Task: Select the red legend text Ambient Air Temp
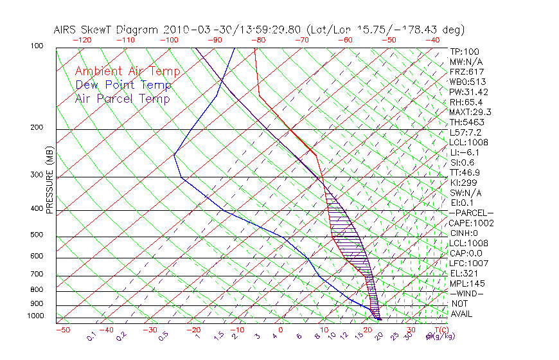point(127,71)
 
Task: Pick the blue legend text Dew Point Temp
point(123,85)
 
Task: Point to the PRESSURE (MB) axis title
point(49,180)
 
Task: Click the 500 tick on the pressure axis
point(37,235)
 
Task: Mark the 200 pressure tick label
point(37,128)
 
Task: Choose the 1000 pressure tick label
point(36,316)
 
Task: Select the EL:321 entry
point(464,273)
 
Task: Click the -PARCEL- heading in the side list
point(471,213)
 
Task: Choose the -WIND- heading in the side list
point(466,293)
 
